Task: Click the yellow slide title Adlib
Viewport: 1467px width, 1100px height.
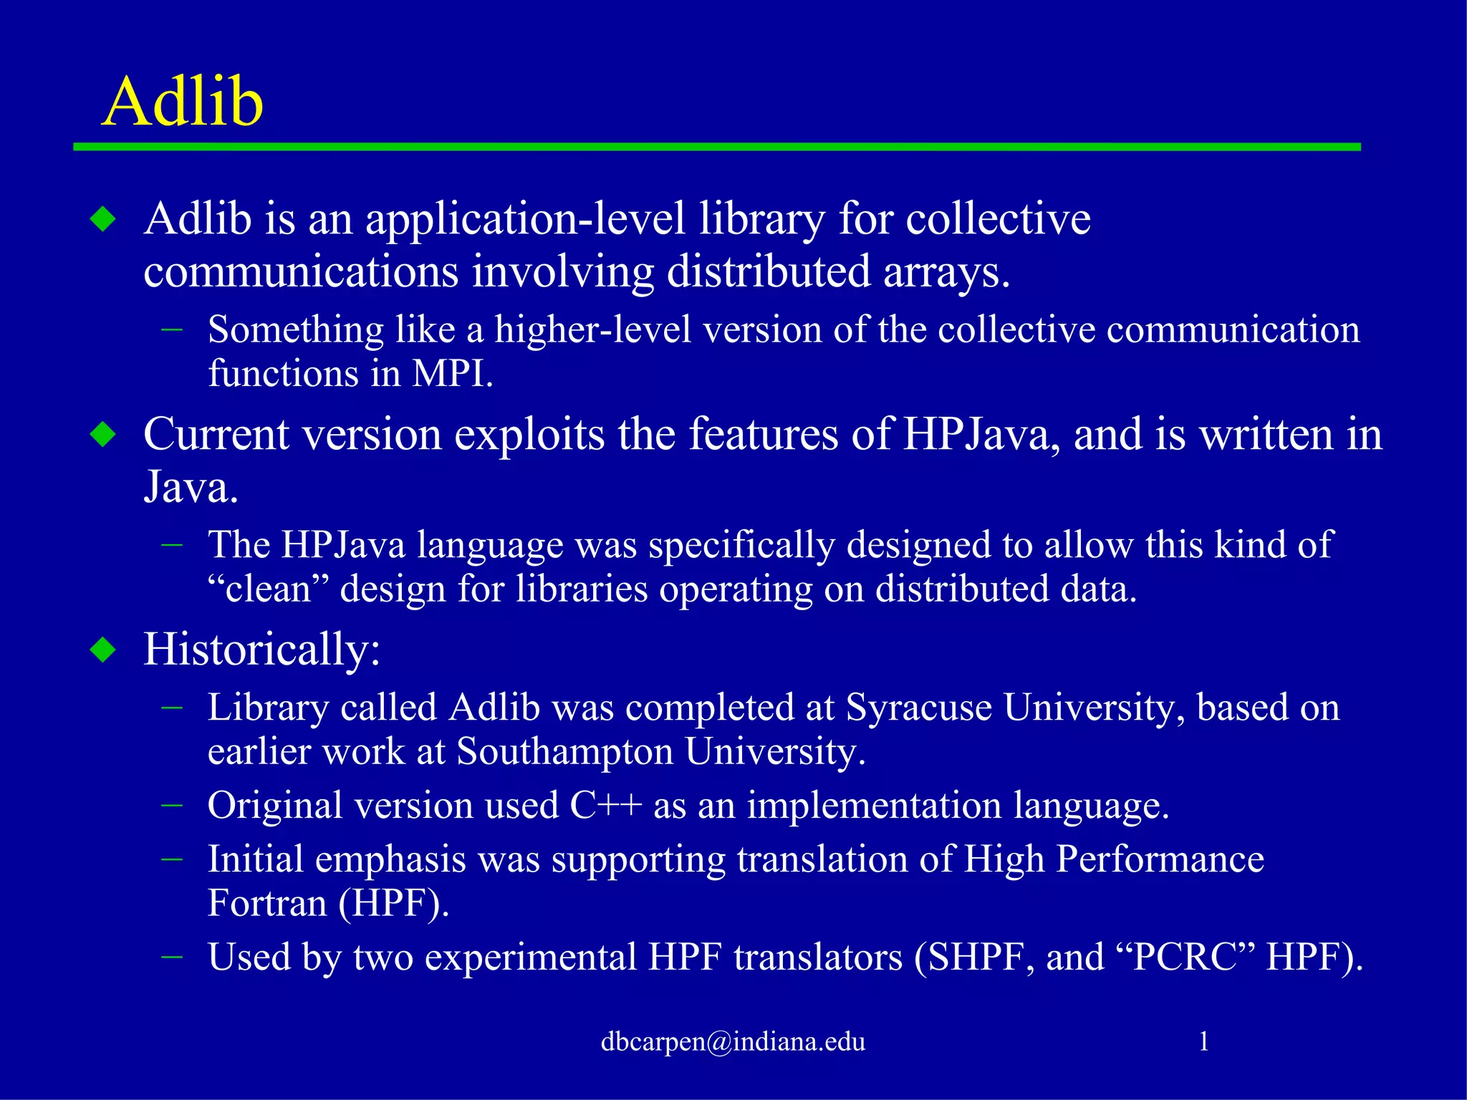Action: (183, 102)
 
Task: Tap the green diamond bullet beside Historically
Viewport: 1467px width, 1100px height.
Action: (104, 650)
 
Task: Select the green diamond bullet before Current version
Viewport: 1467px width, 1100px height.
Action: (104, 434)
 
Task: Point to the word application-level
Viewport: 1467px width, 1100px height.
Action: (526, 219)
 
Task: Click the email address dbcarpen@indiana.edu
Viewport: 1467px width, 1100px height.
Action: (733, 1041)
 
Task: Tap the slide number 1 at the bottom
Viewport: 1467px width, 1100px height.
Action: (1203, 1041)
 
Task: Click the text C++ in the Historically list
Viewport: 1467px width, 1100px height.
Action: (605, 806)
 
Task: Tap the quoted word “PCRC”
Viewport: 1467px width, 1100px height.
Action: (1185, 957)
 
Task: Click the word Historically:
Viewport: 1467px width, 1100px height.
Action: (261, 650)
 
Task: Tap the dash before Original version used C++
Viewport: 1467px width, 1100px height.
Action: (172, 805)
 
